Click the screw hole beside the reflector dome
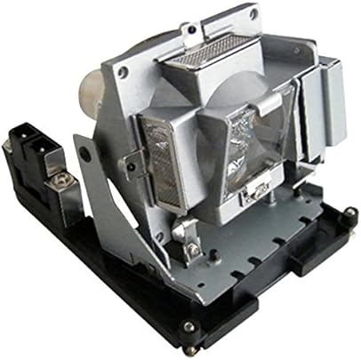tap(122, 71)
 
